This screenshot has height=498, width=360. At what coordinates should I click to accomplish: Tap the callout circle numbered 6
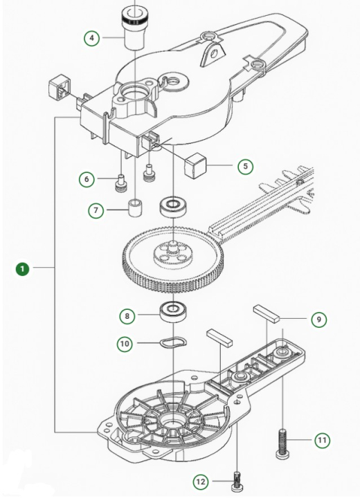(87, 179)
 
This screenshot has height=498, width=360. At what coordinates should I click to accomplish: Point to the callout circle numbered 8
(127, 317)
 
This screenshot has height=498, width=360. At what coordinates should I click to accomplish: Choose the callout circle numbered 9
(318, 320)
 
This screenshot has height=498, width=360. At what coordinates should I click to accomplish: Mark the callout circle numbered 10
(125, 343)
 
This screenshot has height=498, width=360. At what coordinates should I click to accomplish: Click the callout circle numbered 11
(322, 439)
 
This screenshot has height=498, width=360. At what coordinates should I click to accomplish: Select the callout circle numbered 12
(200, 481)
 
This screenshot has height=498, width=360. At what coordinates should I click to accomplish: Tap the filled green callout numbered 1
(23, 268)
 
